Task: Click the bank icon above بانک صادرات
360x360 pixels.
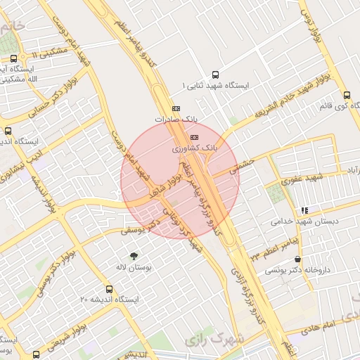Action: [176, 108]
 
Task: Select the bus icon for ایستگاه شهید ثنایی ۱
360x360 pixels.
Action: [215, 74]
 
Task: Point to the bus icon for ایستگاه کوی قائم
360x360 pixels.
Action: [347, 95]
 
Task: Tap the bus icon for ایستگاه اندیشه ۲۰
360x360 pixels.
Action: [108, 289]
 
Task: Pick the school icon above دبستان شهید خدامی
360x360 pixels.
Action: [304, 210]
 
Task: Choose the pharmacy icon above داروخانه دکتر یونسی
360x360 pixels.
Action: [298, 259]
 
